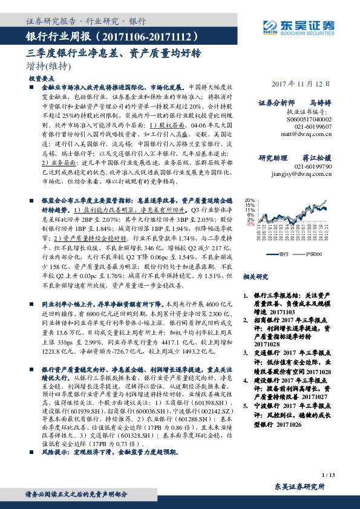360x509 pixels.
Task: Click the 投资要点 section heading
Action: pos(42,79)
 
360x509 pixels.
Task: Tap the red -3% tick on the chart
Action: pos(250,224)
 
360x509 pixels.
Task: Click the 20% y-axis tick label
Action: pos(249,199)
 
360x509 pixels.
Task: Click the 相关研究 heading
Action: pos(254,276)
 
